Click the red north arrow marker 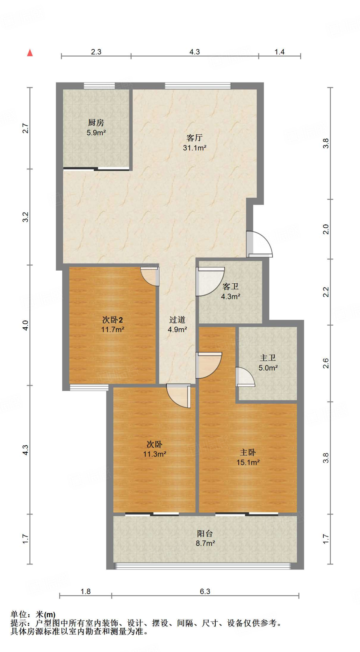(x=30, y=53)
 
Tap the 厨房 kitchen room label (x=96, y=123)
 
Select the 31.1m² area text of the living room (x=194, y=148)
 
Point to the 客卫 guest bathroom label (x=230, y=287)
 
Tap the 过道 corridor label (x=177, y=320)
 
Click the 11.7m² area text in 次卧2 (x=112, y=330)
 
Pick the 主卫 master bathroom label (x=268, y=358)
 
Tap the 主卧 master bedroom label (x=248, y=452)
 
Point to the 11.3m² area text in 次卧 (x=155, y=454)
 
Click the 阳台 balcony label (x=205, y=534)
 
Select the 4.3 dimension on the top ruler (x=194, y=52)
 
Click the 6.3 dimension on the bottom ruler (x=205, y=592)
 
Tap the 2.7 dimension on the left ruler (x=25, y=128)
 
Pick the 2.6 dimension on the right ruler (x=326, y=363)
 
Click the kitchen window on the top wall (x=99, y=86)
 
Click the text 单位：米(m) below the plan (x=33, y=614)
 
